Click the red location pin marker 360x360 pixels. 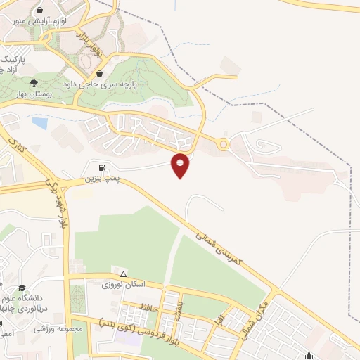pyautogui.click(x=181, y=165)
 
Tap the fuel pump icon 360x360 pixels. pyautogui.click(x=103, y=167)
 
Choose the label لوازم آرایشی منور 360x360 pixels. pyautogui.click(x=64, y=21)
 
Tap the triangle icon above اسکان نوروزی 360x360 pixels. pyautogui.click(x=124, y=274)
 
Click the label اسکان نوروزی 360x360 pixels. pyautogui.click(x=124, y=285)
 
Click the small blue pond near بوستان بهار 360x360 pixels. pyautogui.click(x=40, y=124)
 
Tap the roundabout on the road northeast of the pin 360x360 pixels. pyautogui.click(x=224, y=146)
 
